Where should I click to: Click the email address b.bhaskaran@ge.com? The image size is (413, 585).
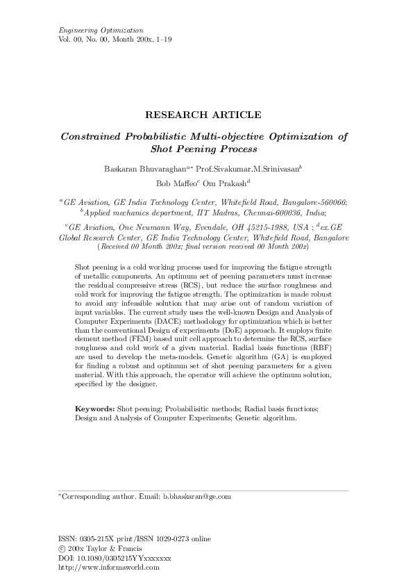coord(196,497)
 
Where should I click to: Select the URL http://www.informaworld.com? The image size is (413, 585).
coord(110,567)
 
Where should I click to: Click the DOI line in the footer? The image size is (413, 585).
coord(115,558)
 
